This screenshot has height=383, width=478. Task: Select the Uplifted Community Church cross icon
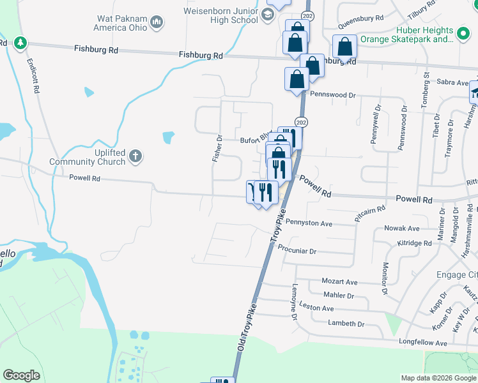135,156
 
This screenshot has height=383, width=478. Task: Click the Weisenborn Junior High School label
220,15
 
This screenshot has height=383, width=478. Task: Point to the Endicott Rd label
33,77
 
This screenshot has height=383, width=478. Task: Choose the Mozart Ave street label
339,282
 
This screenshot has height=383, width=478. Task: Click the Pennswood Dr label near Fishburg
332,94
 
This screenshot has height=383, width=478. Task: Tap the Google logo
22,375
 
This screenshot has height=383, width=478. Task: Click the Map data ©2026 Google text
438,378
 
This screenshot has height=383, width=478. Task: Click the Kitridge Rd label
414,243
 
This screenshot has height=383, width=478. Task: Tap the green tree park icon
21,43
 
